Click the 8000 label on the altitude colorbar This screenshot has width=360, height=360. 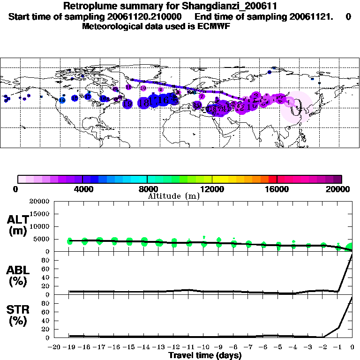pyautogui.click(x=147, y=189)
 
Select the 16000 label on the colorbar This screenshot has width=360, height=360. pyautogui.click(x=277, y=189)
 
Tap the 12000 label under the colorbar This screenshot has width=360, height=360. pyautogui.click(x=212, y=189)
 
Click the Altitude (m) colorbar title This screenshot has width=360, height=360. pyautogui.click(x=173, y=196)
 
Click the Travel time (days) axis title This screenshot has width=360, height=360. pyautogui.click(x=205, y=356)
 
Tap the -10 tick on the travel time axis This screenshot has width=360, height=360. pyautogui.click(x=204, y=347)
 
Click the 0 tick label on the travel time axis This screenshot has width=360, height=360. pyautogui.click(x=352, y=347)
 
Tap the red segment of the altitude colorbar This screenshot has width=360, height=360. pyautogui.click(x=273, y=179)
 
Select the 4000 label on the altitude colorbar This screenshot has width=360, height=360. pyautogui.click(x=82, y=189)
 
